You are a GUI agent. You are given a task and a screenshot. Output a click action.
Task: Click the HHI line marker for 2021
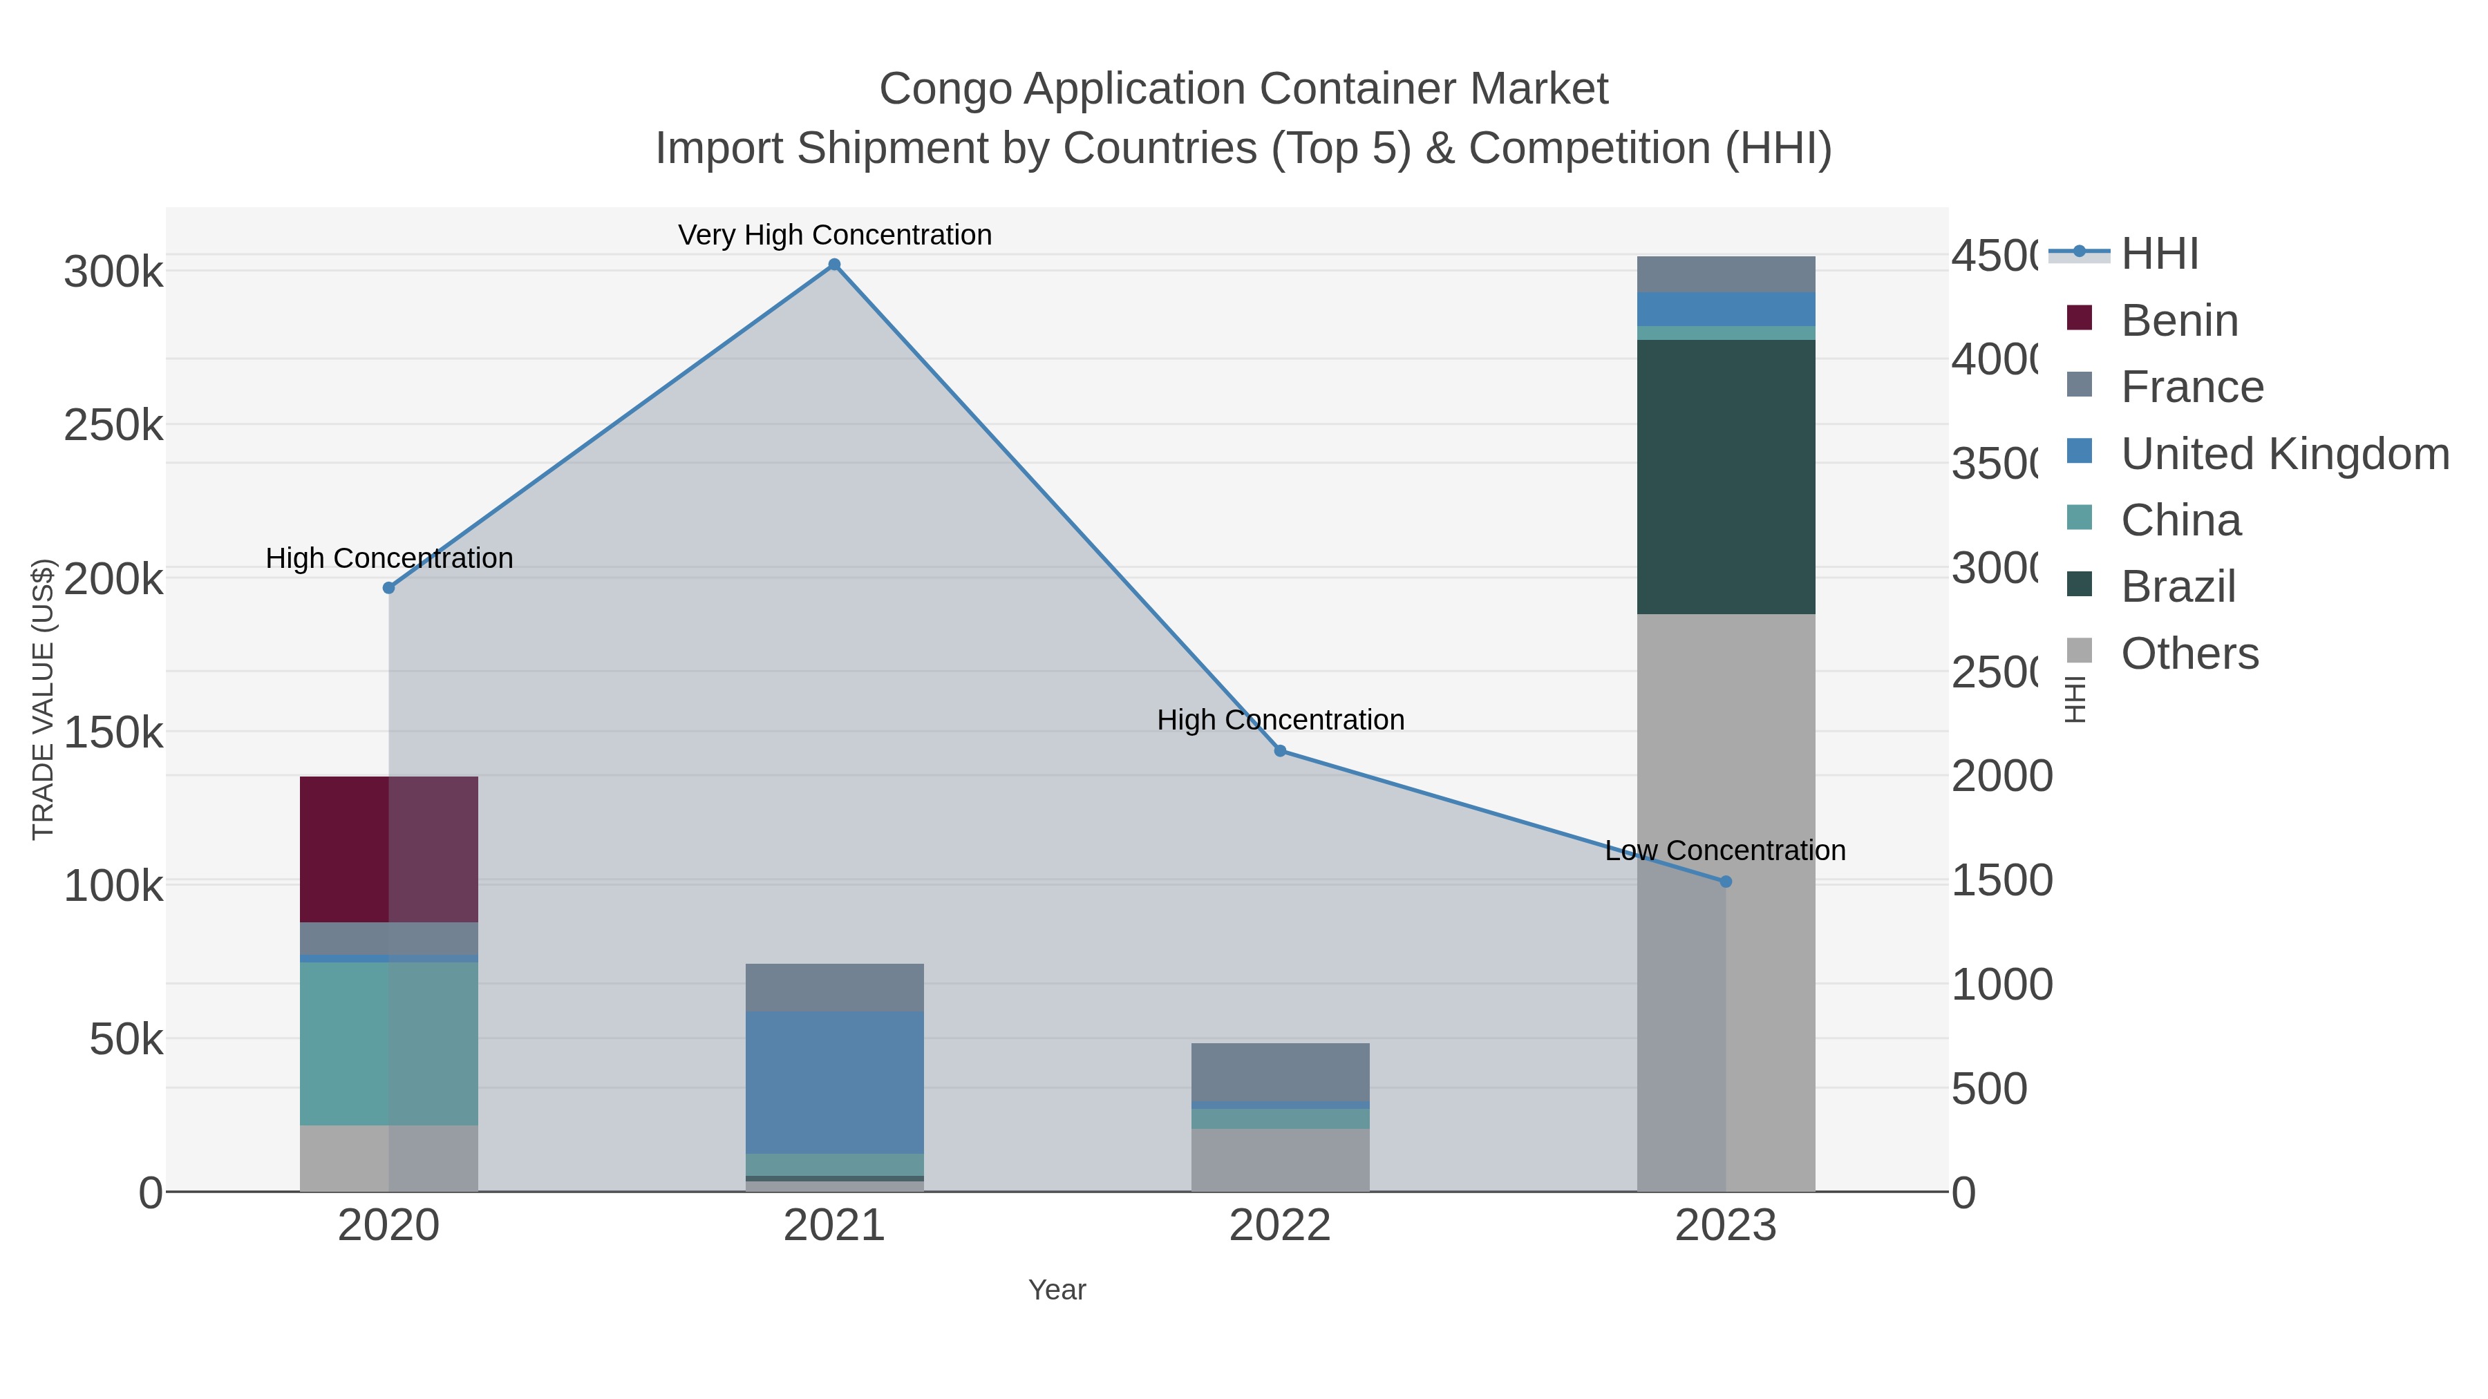[x=834, y=265]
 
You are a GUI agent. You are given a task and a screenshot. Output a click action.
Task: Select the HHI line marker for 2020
[x=389, y=588]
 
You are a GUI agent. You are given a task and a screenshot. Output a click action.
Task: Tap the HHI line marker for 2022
[x=1280, y=751]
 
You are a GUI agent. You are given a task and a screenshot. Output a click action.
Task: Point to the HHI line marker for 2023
[x=1726, y=882]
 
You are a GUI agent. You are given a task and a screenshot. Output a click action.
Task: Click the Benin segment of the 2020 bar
[x=388, y=850]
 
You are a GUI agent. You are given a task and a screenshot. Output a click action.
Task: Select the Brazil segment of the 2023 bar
[x=1726, y=477]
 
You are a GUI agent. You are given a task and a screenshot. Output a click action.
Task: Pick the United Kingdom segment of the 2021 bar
[x=834, y=1083]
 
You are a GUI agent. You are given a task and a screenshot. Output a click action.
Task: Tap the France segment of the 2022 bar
[x=1280, y=1072]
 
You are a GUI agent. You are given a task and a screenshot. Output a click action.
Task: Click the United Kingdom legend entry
[x=2284, y=454]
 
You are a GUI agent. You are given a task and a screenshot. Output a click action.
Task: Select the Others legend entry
[x=2189, y=654]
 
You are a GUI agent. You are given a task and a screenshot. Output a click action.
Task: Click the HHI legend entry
[x=2160, y=254]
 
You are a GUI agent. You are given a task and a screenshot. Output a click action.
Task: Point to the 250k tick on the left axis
[x=113, y=426]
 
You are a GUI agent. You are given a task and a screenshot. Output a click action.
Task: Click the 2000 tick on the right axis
[x=2001, y=777]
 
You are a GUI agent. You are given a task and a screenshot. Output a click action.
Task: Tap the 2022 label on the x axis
[x=1280, y=1226]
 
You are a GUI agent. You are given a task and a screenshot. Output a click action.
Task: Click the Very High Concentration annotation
[x=834, y=235]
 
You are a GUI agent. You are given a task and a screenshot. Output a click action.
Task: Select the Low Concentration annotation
[x=1725, y=850]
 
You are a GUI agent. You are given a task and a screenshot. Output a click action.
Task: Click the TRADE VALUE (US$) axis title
[x=44, y=699]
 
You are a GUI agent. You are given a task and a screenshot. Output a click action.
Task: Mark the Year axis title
[x=1057, y=1290]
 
